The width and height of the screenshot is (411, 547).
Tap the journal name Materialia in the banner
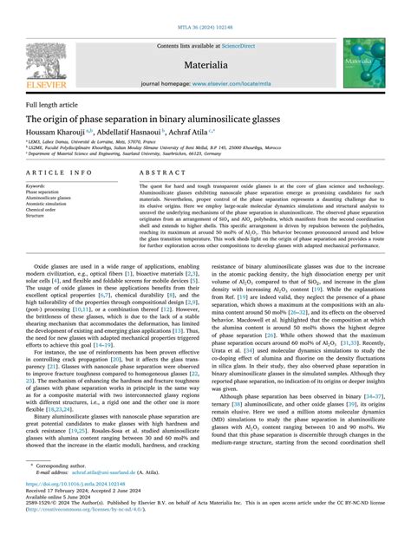coord(205,65)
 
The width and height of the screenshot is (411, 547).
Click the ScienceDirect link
coord(246,44)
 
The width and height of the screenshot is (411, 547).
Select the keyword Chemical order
coord(42,209)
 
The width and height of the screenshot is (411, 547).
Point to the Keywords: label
coord(36,186)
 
